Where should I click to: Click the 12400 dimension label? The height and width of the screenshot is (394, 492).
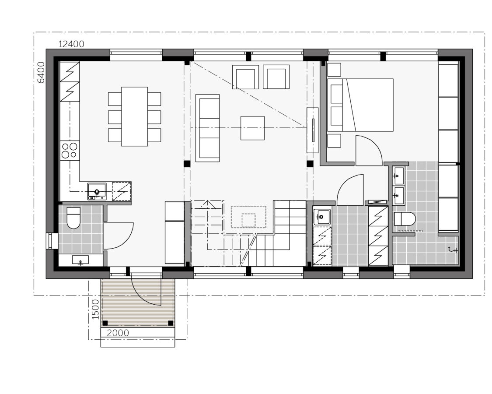(x=71, y=44)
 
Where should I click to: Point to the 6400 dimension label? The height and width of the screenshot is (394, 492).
(x=41, y=72)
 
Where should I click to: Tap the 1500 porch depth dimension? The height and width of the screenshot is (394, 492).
(x=96, y=310)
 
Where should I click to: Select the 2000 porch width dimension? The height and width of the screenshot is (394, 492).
(x=118, y=333)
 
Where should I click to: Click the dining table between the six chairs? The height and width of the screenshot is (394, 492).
(x=134, y=116)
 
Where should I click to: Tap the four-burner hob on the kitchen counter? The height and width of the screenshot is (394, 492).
(x=70, y=150)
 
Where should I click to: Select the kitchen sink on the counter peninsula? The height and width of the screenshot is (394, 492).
(x=97, y=191)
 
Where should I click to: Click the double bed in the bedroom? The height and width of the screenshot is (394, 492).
(x=361, y=105)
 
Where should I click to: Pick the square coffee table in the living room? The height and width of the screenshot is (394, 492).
(x=252, y=128)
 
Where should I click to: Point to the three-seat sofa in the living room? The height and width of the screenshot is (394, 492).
(x=207, y=127)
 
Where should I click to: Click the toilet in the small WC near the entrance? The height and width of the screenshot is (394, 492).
(x=73, y=218)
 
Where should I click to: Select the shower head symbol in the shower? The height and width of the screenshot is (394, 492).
(x=453, y=250)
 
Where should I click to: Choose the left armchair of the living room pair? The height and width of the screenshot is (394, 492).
(x=246, y=77)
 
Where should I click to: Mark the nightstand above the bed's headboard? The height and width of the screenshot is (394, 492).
(x=334, y=70)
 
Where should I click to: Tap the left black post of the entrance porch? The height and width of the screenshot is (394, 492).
(x=105, y=323)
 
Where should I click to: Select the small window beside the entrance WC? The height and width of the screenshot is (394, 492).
(x=50, y=241)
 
